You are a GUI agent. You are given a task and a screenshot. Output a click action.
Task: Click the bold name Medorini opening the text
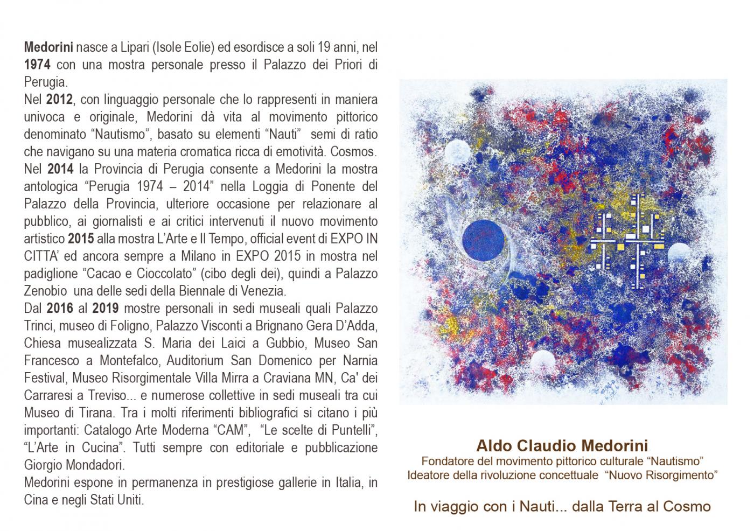pyautogui.click(x=48, y=47)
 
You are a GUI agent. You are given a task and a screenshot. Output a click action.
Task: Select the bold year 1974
pyautogui.click(x=37, y=65)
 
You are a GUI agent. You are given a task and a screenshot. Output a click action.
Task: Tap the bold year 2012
pyautogui.click(x=59, y=100)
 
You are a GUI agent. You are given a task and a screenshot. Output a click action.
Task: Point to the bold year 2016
pyautogui.click(x=60, y=309)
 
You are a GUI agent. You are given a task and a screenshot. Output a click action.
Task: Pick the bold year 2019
pyautogui.click(x=106, y=309)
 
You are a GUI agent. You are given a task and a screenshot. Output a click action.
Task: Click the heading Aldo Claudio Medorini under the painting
pyautogui.click(x=562, y=446)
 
